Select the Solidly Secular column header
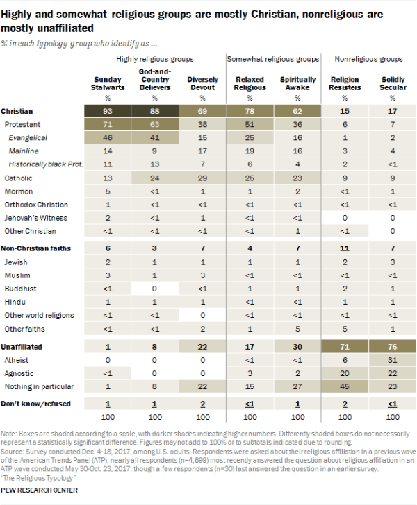click(392, 84)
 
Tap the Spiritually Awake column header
click(297, 84)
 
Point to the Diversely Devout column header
click(203, 84)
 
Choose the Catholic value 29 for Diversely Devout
click(203, 178)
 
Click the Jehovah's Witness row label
click(32, 217)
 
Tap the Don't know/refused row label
click(33, 404)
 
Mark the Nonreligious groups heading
click(368, 59)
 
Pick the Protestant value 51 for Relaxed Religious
click(250, 124)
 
